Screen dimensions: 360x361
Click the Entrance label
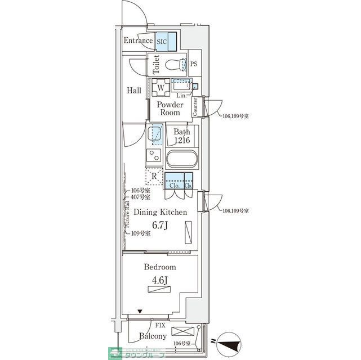point(138,41)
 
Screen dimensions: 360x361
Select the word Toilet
point(157,65)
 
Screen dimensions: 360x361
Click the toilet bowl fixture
point(181,64)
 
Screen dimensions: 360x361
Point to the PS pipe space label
point(194,64)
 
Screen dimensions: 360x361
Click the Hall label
point(133,91)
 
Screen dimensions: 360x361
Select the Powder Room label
point(168,109)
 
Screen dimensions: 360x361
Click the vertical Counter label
point(195,107)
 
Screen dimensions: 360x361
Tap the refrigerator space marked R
point(154,177)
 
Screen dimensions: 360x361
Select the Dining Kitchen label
point(160,212)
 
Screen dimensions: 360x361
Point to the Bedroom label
point(160,267)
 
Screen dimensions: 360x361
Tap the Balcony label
point(152,336)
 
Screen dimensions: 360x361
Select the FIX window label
point(160,325)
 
